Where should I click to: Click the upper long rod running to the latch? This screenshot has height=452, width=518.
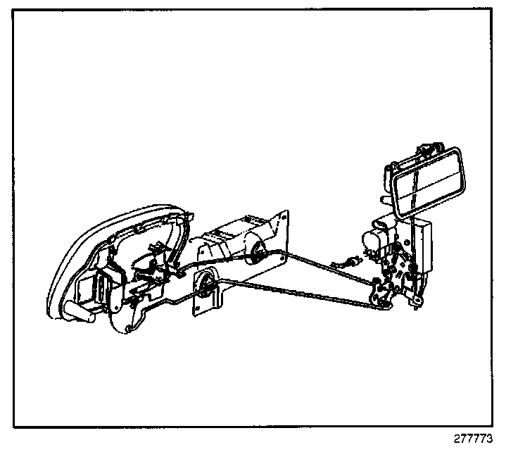click(317, 264)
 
